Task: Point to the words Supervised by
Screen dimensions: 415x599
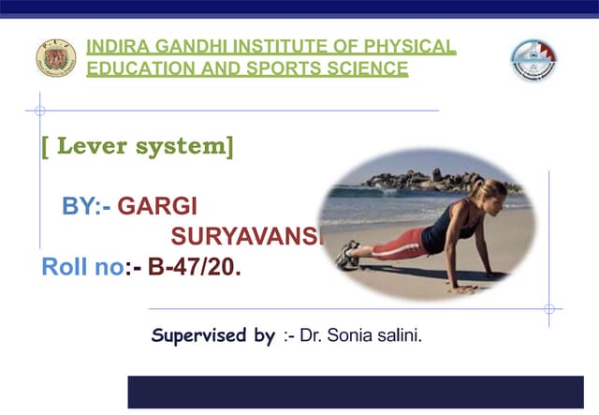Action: pos(213,334)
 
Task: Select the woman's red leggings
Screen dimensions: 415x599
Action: pos(393,246)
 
